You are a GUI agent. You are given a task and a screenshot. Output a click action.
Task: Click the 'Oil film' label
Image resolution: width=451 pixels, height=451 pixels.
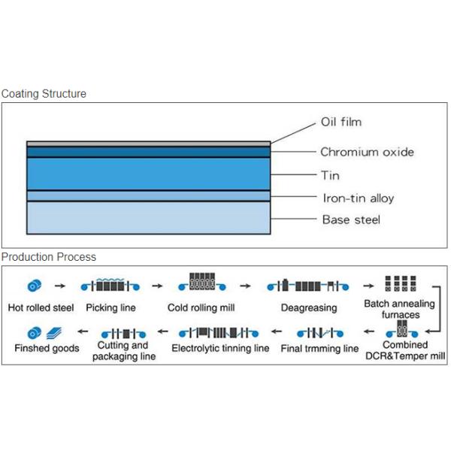tap(341, 122)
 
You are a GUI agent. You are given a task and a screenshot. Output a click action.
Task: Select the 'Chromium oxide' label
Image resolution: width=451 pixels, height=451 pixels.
tap(367, 152)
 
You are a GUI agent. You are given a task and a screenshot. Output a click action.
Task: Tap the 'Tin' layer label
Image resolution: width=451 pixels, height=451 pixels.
tap(330, 175)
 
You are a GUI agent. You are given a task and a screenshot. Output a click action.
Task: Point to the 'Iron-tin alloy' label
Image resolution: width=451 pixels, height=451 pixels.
tap(358, 198)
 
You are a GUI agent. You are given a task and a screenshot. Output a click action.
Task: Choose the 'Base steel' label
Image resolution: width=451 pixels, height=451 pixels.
tap(351, 219)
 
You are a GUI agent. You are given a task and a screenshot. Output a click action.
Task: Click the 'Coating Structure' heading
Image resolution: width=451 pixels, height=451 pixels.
tap(44, 94)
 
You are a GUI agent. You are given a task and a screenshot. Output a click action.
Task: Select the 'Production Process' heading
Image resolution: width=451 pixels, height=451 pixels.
tap(49, 257)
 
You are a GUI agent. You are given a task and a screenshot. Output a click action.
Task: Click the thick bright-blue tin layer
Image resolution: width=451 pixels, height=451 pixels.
tap(148, 174)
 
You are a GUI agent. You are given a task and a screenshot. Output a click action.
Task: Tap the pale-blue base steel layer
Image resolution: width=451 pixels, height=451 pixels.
tap(148, 218)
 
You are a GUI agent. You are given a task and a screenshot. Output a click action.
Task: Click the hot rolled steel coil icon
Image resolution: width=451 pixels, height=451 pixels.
tap(35, 286)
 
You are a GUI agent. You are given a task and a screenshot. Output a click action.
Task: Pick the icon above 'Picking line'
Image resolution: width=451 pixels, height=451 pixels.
tap(111, 285)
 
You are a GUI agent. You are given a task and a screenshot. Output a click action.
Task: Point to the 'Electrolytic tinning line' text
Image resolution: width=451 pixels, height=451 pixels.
tap(220, 349)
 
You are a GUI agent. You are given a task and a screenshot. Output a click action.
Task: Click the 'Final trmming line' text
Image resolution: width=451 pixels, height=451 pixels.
tap(319, 349)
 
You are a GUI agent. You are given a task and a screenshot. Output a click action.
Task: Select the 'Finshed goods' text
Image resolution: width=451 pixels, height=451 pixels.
tap(47, 349)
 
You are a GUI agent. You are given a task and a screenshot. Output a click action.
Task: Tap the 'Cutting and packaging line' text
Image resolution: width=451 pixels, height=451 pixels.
tap(124, 351)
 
